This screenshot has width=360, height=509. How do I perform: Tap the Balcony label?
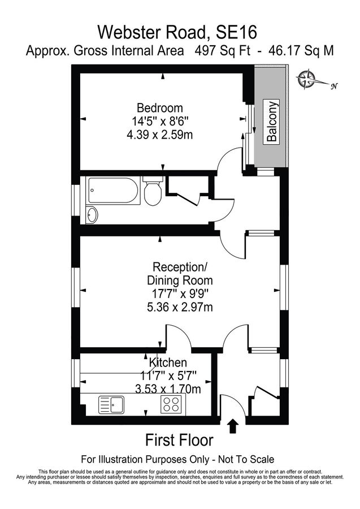(x=272, y=122)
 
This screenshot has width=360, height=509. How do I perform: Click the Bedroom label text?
(x=160, y=107)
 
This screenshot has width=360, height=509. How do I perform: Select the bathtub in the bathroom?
(x=112, y=192)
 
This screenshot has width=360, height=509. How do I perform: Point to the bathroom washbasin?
(x=92, y=215)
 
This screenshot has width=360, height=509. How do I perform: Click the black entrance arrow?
(x=232, y=425)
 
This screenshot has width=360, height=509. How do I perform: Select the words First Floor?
(x=179, y=440)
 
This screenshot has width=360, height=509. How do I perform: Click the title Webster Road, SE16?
(x=179, y=30)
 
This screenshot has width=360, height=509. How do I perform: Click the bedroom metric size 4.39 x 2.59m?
(x=160, y=135)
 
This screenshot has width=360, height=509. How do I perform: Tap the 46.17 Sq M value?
(x=300, y=50)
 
